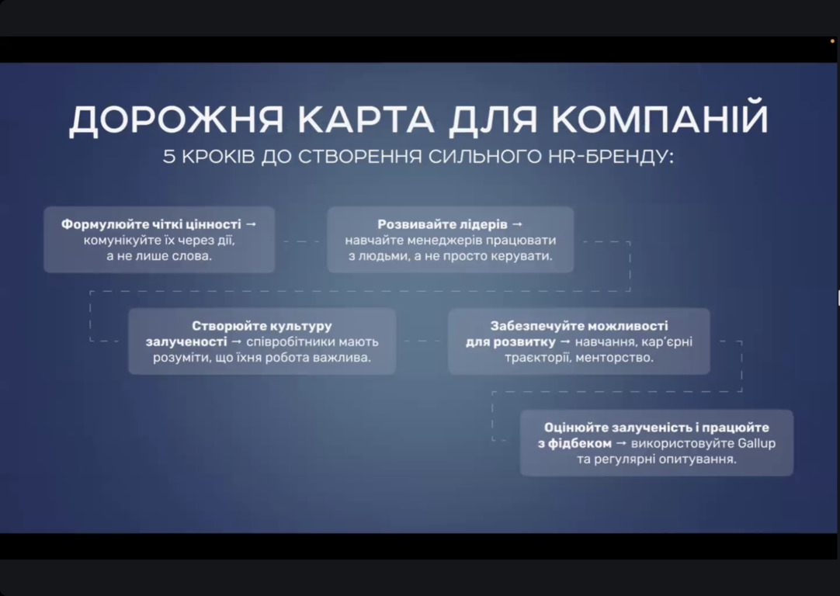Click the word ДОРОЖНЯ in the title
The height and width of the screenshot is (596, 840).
coord(176,120)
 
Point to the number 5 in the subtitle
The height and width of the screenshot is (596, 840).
coord(169,156)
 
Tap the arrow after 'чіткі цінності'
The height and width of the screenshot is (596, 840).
coord(251,224)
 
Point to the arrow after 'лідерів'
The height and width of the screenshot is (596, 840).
coord(517,224)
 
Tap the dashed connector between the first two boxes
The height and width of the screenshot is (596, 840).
coord(301,241)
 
